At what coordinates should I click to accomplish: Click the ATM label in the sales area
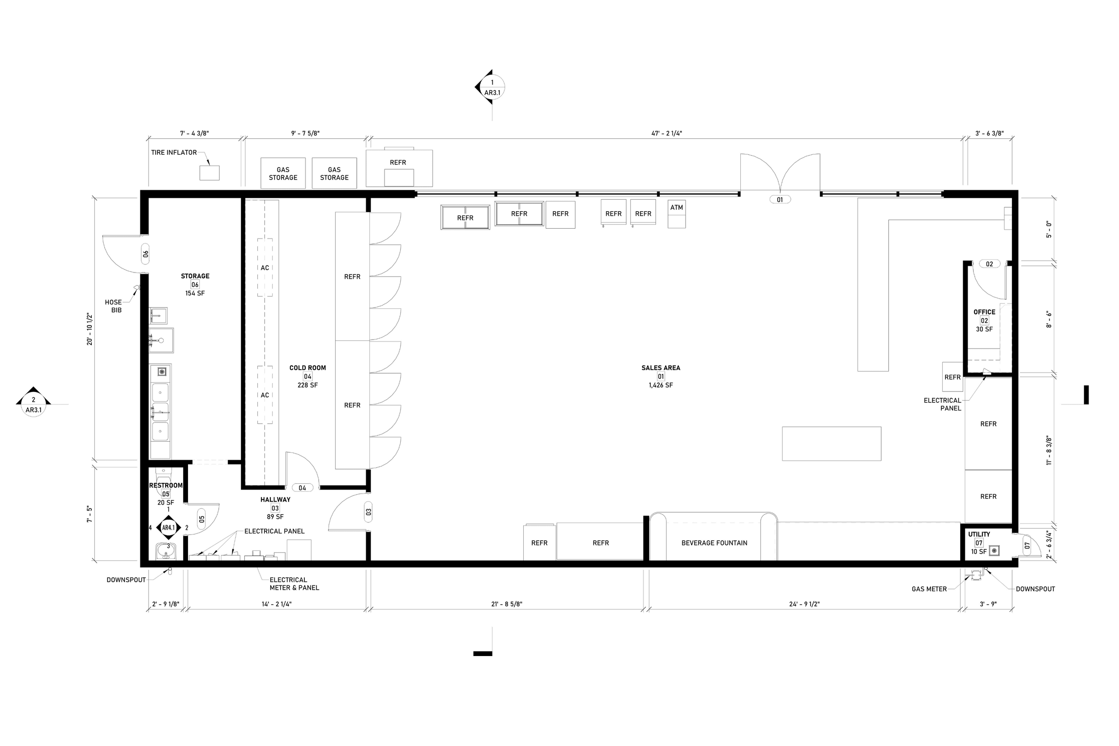click(x=676, y=208)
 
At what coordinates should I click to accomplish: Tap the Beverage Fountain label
click(x=713, y=543)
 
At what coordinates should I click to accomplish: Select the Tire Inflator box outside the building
click(x=209, y=173)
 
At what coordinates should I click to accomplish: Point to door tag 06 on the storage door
click(x=145, y=254)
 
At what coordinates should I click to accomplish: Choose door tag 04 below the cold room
click(x=303, y=488)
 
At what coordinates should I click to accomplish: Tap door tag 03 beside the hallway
click(x=368, y=512)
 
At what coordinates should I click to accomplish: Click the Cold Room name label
click(x=308, y=368)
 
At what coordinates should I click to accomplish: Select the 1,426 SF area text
click(x=660, y=385)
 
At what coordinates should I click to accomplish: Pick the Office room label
click(x=984, y=312)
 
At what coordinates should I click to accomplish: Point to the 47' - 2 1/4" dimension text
click(x=666, y=134)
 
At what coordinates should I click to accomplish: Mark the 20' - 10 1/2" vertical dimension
click(x=90, y=329)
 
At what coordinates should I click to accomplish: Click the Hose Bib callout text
click(x=113, y=306)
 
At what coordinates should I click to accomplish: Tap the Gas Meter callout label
click(x=929, y=589)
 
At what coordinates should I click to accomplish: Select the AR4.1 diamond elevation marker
click(x=168, y=528)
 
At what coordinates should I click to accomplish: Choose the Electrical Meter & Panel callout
click(x=294, y=584)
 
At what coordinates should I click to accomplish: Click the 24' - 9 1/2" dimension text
click(x=804, y=604)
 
